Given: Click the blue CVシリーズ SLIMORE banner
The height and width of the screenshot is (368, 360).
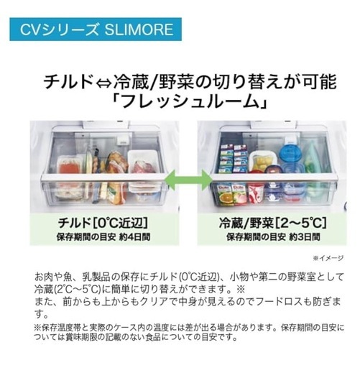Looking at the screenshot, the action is pos(96,29).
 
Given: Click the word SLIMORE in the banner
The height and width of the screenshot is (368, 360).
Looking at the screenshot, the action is pos(139,29).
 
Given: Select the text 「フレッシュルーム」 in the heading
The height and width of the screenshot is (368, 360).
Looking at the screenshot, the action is pos(190,102).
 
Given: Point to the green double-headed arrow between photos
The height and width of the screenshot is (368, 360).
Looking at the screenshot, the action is pos(188,180).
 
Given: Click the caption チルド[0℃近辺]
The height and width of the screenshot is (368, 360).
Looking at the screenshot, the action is pos(103,223).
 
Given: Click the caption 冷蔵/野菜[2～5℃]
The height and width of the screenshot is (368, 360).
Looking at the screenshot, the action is pos(272,223).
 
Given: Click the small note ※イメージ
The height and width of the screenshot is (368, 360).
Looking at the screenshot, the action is pos(328,258).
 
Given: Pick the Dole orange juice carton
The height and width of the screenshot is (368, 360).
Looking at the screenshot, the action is pos(225,194).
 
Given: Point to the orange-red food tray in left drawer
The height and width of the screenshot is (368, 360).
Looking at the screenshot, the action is pos(68,167).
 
